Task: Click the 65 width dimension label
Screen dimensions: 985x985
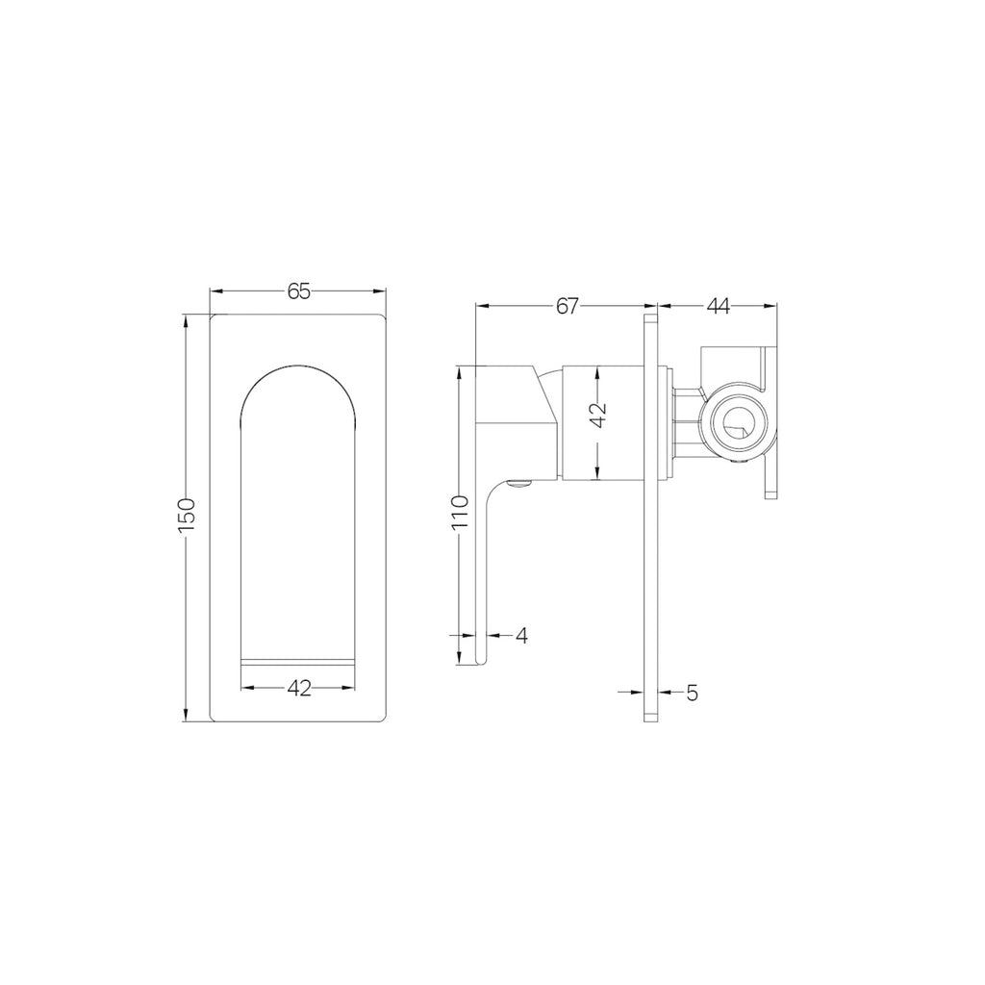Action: [299, 291]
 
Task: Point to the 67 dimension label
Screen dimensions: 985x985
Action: [568, 306]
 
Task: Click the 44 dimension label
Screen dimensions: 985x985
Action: [718, 306]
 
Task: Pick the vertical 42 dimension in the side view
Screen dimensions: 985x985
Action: [597, 415]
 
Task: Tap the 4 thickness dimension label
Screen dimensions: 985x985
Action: [521, 635]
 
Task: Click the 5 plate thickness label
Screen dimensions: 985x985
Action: [692, 691]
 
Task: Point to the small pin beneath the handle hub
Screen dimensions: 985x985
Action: [520, 484]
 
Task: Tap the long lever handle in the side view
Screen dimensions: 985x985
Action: [483, 568]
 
